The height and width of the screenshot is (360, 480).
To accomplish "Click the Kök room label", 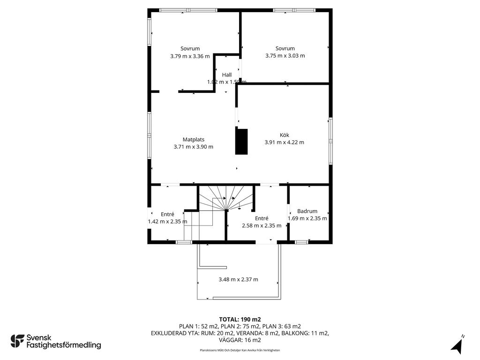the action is click(285, 135).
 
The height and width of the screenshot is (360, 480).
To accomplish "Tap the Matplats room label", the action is click(194, 140).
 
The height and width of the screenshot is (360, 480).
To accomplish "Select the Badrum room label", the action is click(307, 211).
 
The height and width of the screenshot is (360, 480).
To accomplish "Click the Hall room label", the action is click(227, 75).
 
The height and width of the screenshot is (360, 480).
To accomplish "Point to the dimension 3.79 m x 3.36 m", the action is click(190, 56).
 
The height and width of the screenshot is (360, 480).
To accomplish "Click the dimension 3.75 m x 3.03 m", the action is click(285, 56).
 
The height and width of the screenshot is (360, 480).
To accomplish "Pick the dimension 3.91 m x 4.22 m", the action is click(285, 142).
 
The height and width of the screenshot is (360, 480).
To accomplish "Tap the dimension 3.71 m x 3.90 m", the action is click(194, 147).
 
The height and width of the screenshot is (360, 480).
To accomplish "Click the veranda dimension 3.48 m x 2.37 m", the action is click(239, 279).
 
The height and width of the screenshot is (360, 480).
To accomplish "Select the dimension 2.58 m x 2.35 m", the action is click(262, 225).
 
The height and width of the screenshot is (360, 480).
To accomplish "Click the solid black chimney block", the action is click(241, 142).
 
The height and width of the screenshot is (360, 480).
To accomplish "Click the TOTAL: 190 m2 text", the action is click(240, 320).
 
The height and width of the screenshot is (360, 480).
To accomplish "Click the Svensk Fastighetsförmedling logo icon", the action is click(17, 341).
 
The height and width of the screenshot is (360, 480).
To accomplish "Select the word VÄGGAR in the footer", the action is click(231, 340).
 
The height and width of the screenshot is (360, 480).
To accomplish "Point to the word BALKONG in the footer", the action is click(295, 333).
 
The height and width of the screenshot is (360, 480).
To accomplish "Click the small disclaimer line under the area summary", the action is click(240, 350).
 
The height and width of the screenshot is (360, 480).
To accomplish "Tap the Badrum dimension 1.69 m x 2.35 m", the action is click(307, 218).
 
